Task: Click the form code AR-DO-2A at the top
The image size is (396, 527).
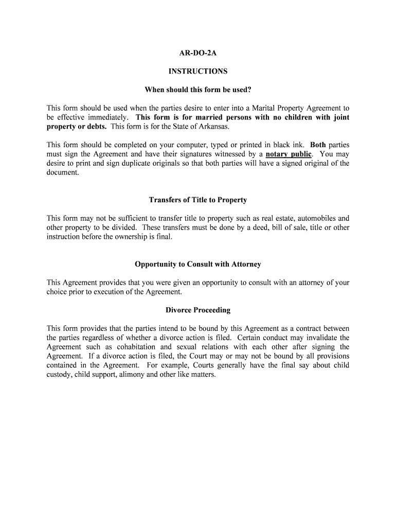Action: [198, 52]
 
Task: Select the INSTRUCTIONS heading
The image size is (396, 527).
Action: [198, 72]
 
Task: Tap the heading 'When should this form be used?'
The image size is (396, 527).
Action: [198, 90]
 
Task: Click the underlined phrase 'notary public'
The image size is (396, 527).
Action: [289, 154]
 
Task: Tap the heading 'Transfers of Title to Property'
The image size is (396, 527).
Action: [198, 200]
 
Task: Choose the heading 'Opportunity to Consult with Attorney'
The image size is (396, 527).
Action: [198, 264]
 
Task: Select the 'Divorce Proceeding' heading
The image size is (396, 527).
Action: [198, 310]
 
